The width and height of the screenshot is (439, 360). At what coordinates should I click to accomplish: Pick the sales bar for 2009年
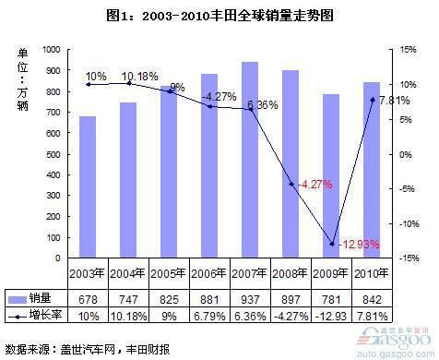(331, 176)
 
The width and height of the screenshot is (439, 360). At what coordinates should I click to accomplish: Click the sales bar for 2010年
(372, 170)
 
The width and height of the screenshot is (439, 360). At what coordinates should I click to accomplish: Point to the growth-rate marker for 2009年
(332, 245)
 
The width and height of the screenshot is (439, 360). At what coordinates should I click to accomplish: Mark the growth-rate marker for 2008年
(291, 185)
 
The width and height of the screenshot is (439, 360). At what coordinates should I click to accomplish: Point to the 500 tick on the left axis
(52, 154)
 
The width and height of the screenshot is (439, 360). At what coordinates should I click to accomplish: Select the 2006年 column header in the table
(209, 273)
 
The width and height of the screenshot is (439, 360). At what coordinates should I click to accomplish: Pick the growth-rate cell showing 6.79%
(209, 317)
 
